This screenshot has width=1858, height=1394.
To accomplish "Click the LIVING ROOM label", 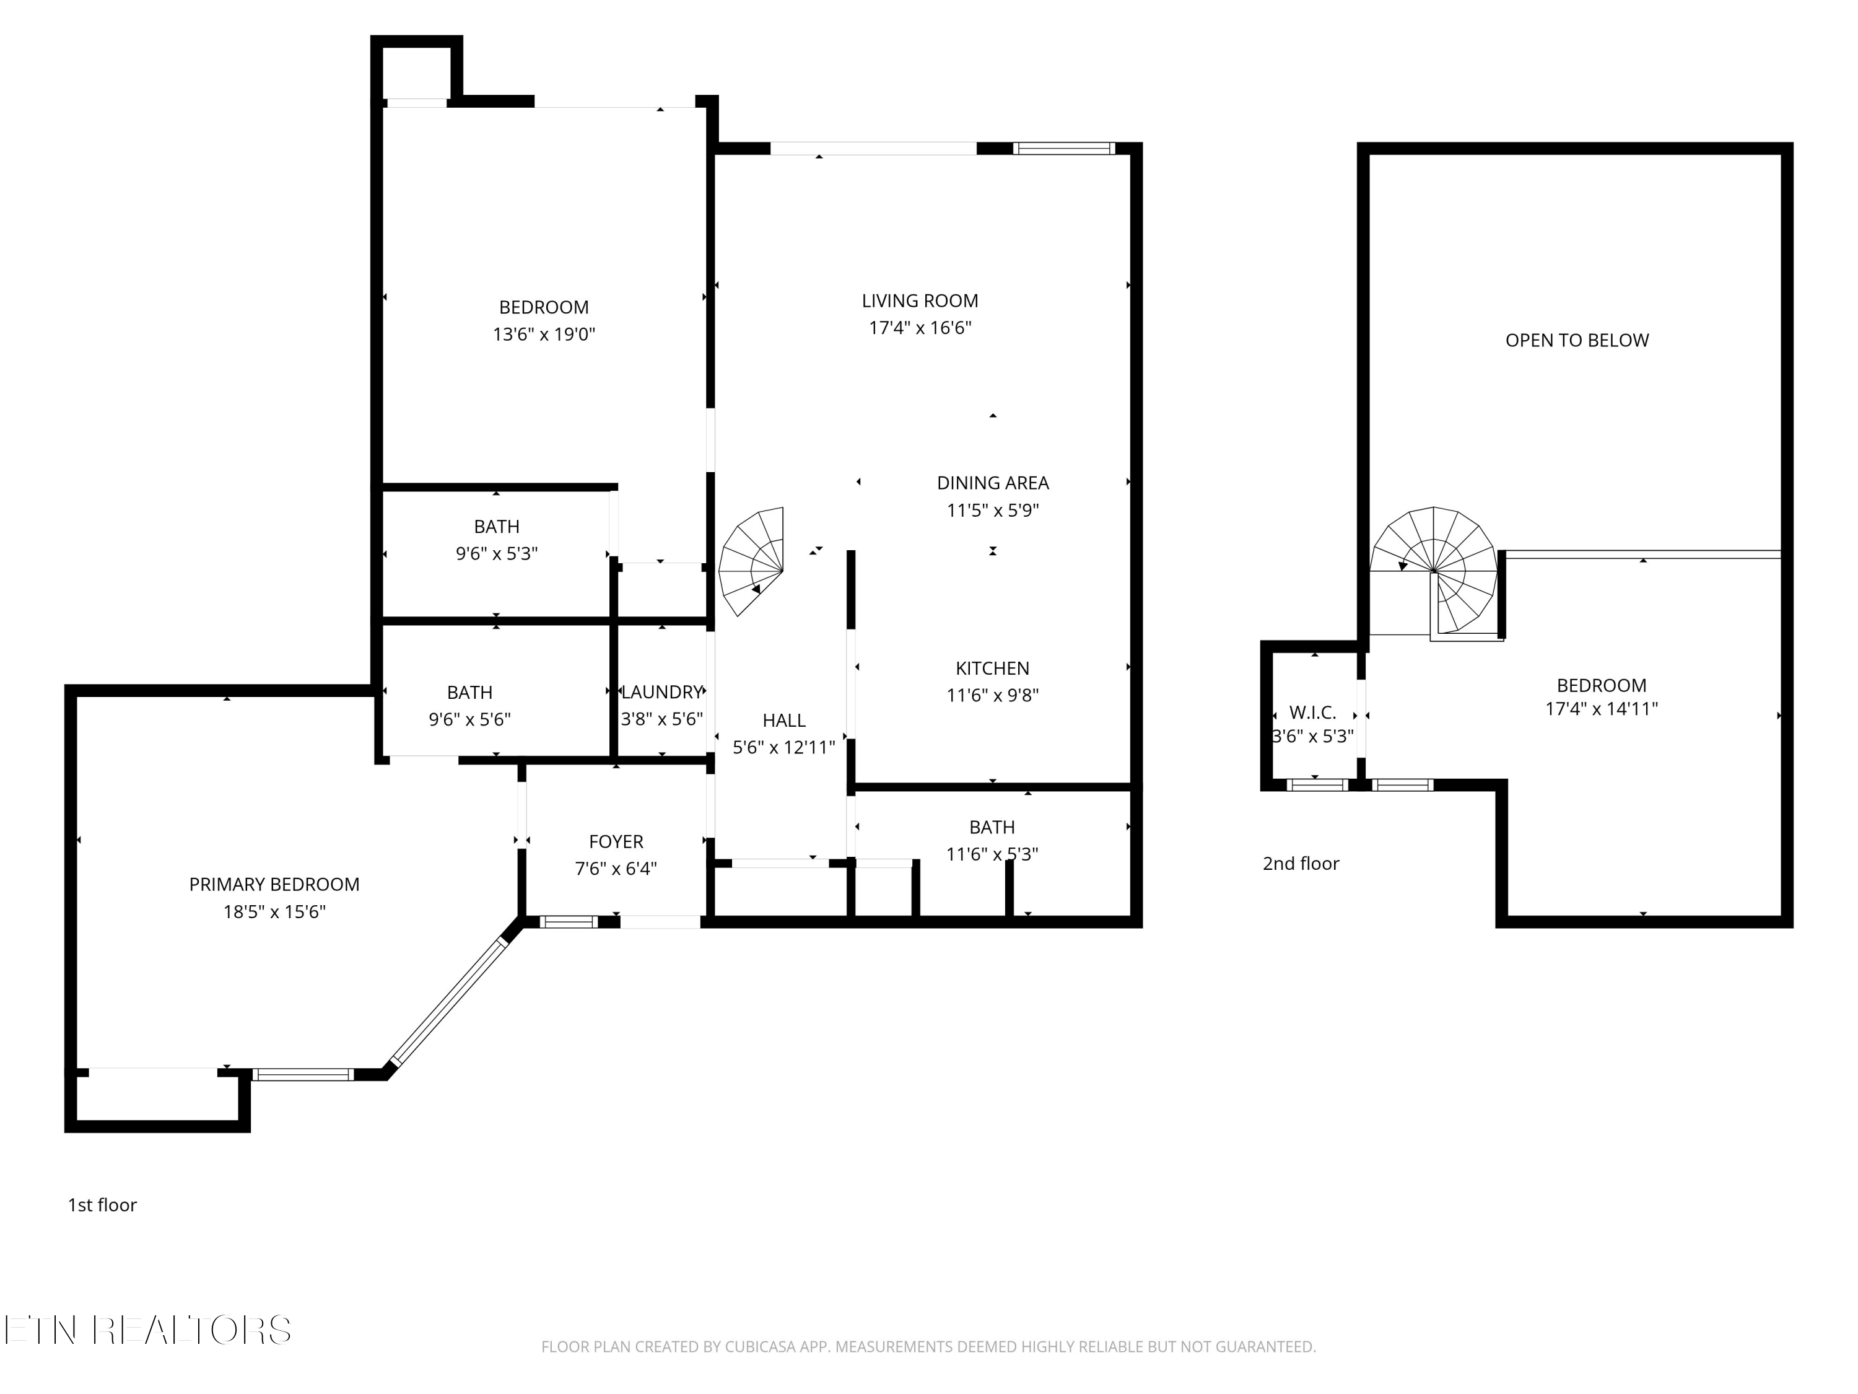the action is (920, 301).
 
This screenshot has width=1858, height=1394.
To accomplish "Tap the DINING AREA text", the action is (993, 483).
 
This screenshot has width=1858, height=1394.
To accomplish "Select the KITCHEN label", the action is (992, 669).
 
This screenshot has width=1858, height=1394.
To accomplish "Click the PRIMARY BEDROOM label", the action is (274, 885).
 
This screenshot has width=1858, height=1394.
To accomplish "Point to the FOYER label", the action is (616, 842).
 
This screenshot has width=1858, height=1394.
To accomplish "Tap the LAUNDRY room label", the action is (662, 693).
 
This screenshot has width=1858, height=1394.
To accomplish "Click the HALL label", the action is (783, 721).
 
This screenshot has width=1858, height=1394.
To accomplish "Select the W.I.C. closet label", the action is (1312, 713).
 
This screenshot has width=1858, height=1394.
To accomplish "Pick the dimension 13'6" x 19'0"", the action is (543, 335).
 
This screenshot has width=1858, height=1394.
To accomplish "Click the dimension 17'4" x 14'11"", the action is (1601, 709).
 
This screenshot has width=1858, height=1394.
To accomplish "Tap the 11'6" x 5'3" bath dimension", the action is (992, 854).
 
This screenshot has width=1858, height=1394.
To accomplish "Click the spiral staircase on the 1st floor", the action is (752, 561).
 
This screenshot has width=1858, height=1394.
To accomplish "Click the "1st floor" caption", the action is (102, 1206).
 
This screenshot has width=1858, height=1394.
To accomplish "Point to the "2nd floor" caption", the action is (1300, 864).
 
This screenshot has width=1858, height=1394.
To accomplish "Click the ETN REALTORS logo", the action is (148, 1330).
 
